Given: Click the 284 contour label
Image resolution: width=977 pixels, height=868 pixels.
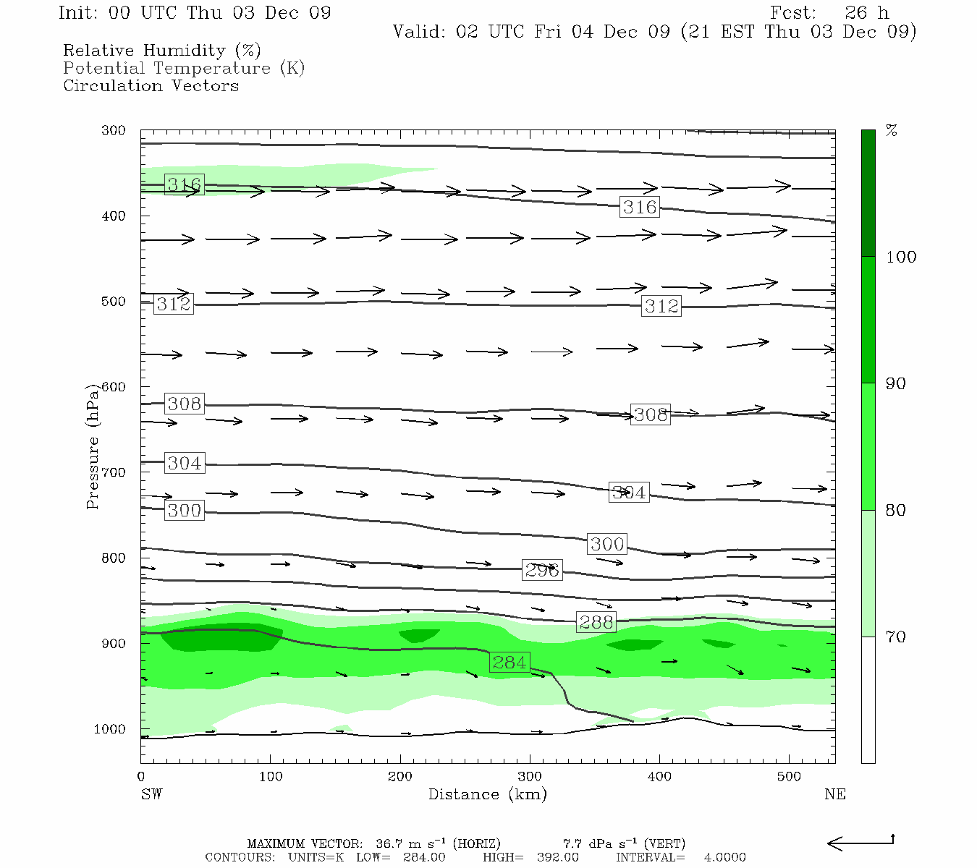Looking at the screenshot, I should tap(509, 662).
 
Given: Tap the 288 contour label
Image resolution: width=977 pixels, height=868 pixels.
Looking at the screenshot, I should tap(596, 622).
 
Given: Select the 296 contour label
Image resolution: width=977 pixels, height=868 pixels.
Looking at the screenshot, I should tap(542, 570).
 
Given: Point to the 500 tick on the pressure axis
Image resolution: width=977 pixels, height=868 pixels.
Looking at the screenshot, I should tap(113, 302).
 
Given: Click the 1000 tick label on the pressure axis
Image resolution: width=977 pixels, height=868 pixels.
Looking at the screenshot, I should tap(110, 729).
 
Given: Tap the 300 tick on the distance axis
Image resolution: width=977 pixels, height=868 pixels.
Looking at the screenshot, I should tap(530, 777).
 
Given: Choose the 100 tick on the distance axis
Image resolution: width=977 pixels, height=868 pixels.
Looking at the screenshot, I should tap(271, 777).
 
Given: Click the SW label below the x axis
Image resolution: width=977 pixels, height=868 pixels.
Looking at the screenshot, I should tap(151, 794).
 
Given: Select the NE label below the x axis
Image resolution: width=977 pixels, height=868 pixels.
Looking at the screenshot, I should tap(834, 794).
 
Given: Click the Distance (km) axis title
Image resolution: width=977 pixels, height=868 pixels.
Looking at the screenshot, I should tap(487, 794).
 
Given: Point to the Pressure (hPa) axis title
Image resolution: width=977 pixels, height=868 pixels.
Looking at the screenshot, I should tap(92, 446).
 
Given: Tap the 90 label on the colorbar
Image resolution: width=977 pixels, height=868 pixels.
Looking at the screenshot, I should tap(896, 383).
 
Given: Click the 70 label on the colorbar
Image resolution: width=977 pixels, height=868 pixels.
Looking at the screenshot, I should tap(896, 637).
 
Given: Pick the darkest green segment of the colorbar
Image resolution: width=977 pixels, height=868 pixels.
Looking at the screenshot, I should tap(868, 193).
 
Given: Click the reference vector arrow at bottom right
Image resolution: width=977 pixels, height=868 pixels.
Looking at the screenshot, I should tap(860, 843).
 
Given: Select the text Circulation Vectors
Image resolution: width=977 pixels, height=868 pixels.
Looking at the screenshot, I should tap(151, 85).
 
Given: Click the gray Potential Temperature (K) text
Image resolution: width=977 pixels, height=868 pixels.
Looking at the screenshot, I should tap(184, 68).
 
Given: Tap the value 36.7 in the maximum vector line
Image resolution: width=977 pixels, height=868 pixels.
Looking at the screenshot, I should tap(388, 843).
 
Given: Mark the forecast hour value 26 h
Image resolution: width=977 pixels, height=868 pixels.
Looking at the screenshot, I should tap(866, 13).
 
